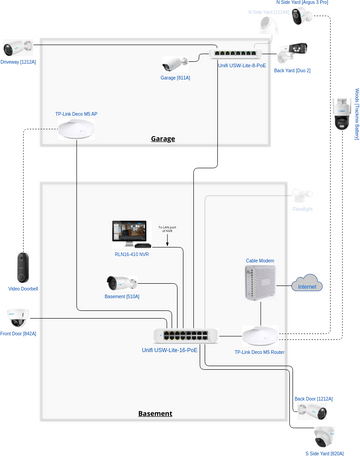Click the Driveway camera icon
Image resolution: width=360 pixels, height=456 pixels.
[18, 47]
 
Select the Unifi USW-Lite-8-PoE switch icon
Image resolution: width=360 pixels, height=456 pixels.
[239, 51]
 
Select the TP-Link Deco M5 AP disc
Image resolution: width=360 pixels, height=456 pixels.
[77, 130]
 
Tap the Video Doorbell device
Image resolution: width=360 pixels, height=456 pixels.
[23, 266]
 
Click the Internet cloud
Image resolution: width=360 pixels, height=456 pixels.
[308, 283]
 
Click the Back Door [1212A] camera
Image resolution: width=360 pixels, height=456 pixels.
[315, 410]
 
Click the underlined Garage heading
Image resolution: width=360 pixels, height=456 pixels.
[163, 138]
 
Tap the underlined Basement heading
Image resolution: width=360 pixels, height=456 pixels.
[154, 413]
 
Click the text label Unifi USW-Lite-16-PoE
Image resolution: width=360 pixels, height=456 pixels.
[170, 351]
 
